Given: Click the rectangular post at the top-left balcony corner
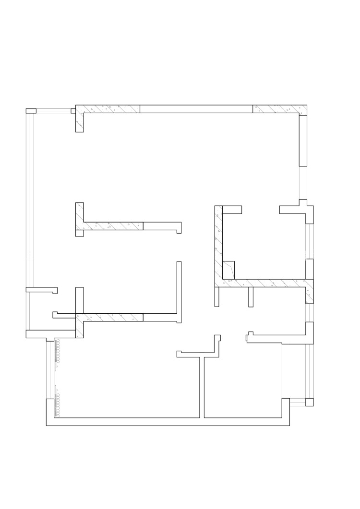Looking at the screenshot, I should pyautogui.click(x=31, y=111).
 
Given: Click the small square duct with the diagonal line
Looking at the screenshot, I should pyautogui.click(x=229, y=269).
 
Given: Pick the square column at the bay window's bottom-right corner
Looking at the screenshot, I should pyautogui.click(x=310, y=402).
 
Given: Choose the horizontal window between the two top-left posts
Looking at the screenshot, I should pyautogui.click(x=53, y=111).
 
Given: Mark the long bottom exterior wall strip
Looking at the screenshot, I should pyautogui.click(x=168, y=422).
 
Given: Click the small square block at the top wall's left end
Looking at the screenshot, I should pyautogui.click(x=73, y=111).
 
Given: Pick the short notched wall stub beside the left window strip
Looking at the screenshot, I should pyautogui.click(x=41, y=290).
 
